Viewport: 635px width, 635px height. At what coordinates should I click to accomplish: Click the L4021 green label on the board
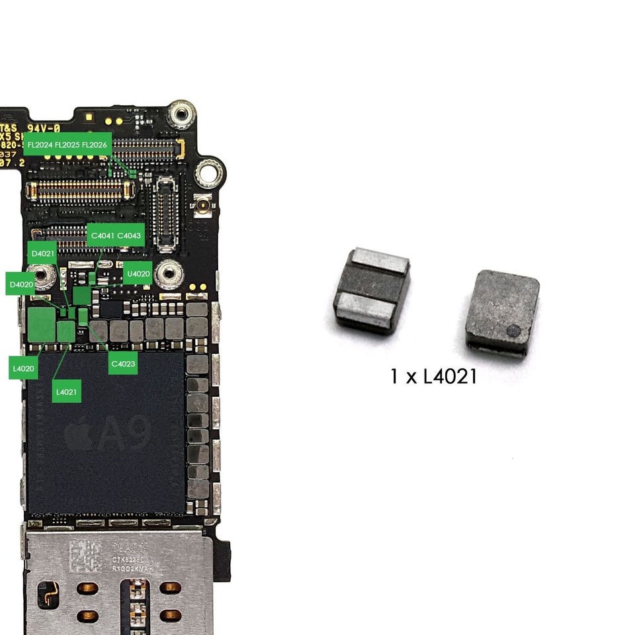click(x=66, y=392)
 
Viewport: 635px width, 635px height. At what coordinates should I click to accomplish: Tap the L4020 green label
click(x=23, y=368)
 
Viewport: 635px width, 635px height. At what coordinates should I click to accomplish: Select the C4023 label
click(x=123, y=364)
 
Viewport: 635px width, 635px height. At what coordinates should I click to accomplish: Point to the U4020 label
click(x=138, y=273)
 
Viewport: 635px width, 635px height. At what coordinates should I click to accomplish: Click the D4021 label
click(x=42, y=253)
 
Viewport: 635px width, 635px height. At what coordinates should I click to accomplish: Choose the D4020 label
click(x=21, y=284)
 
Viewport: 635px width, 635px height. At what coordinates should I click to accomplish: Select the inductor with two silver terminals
click(x=371, y=290)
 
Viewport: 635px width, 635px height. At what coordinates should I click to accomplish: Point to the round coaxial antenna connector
click(x=202, y=207)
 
